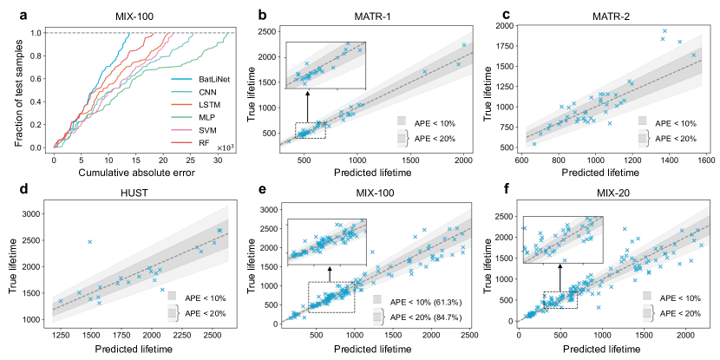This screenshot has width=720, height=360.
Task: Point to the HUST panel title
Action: tap(134, 193)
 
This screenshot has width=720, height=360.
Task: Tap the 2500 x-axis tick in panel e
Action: tap(468, 334)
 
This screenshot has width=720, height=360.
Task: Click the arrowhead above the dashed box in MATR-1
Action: tap(309, 88)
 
